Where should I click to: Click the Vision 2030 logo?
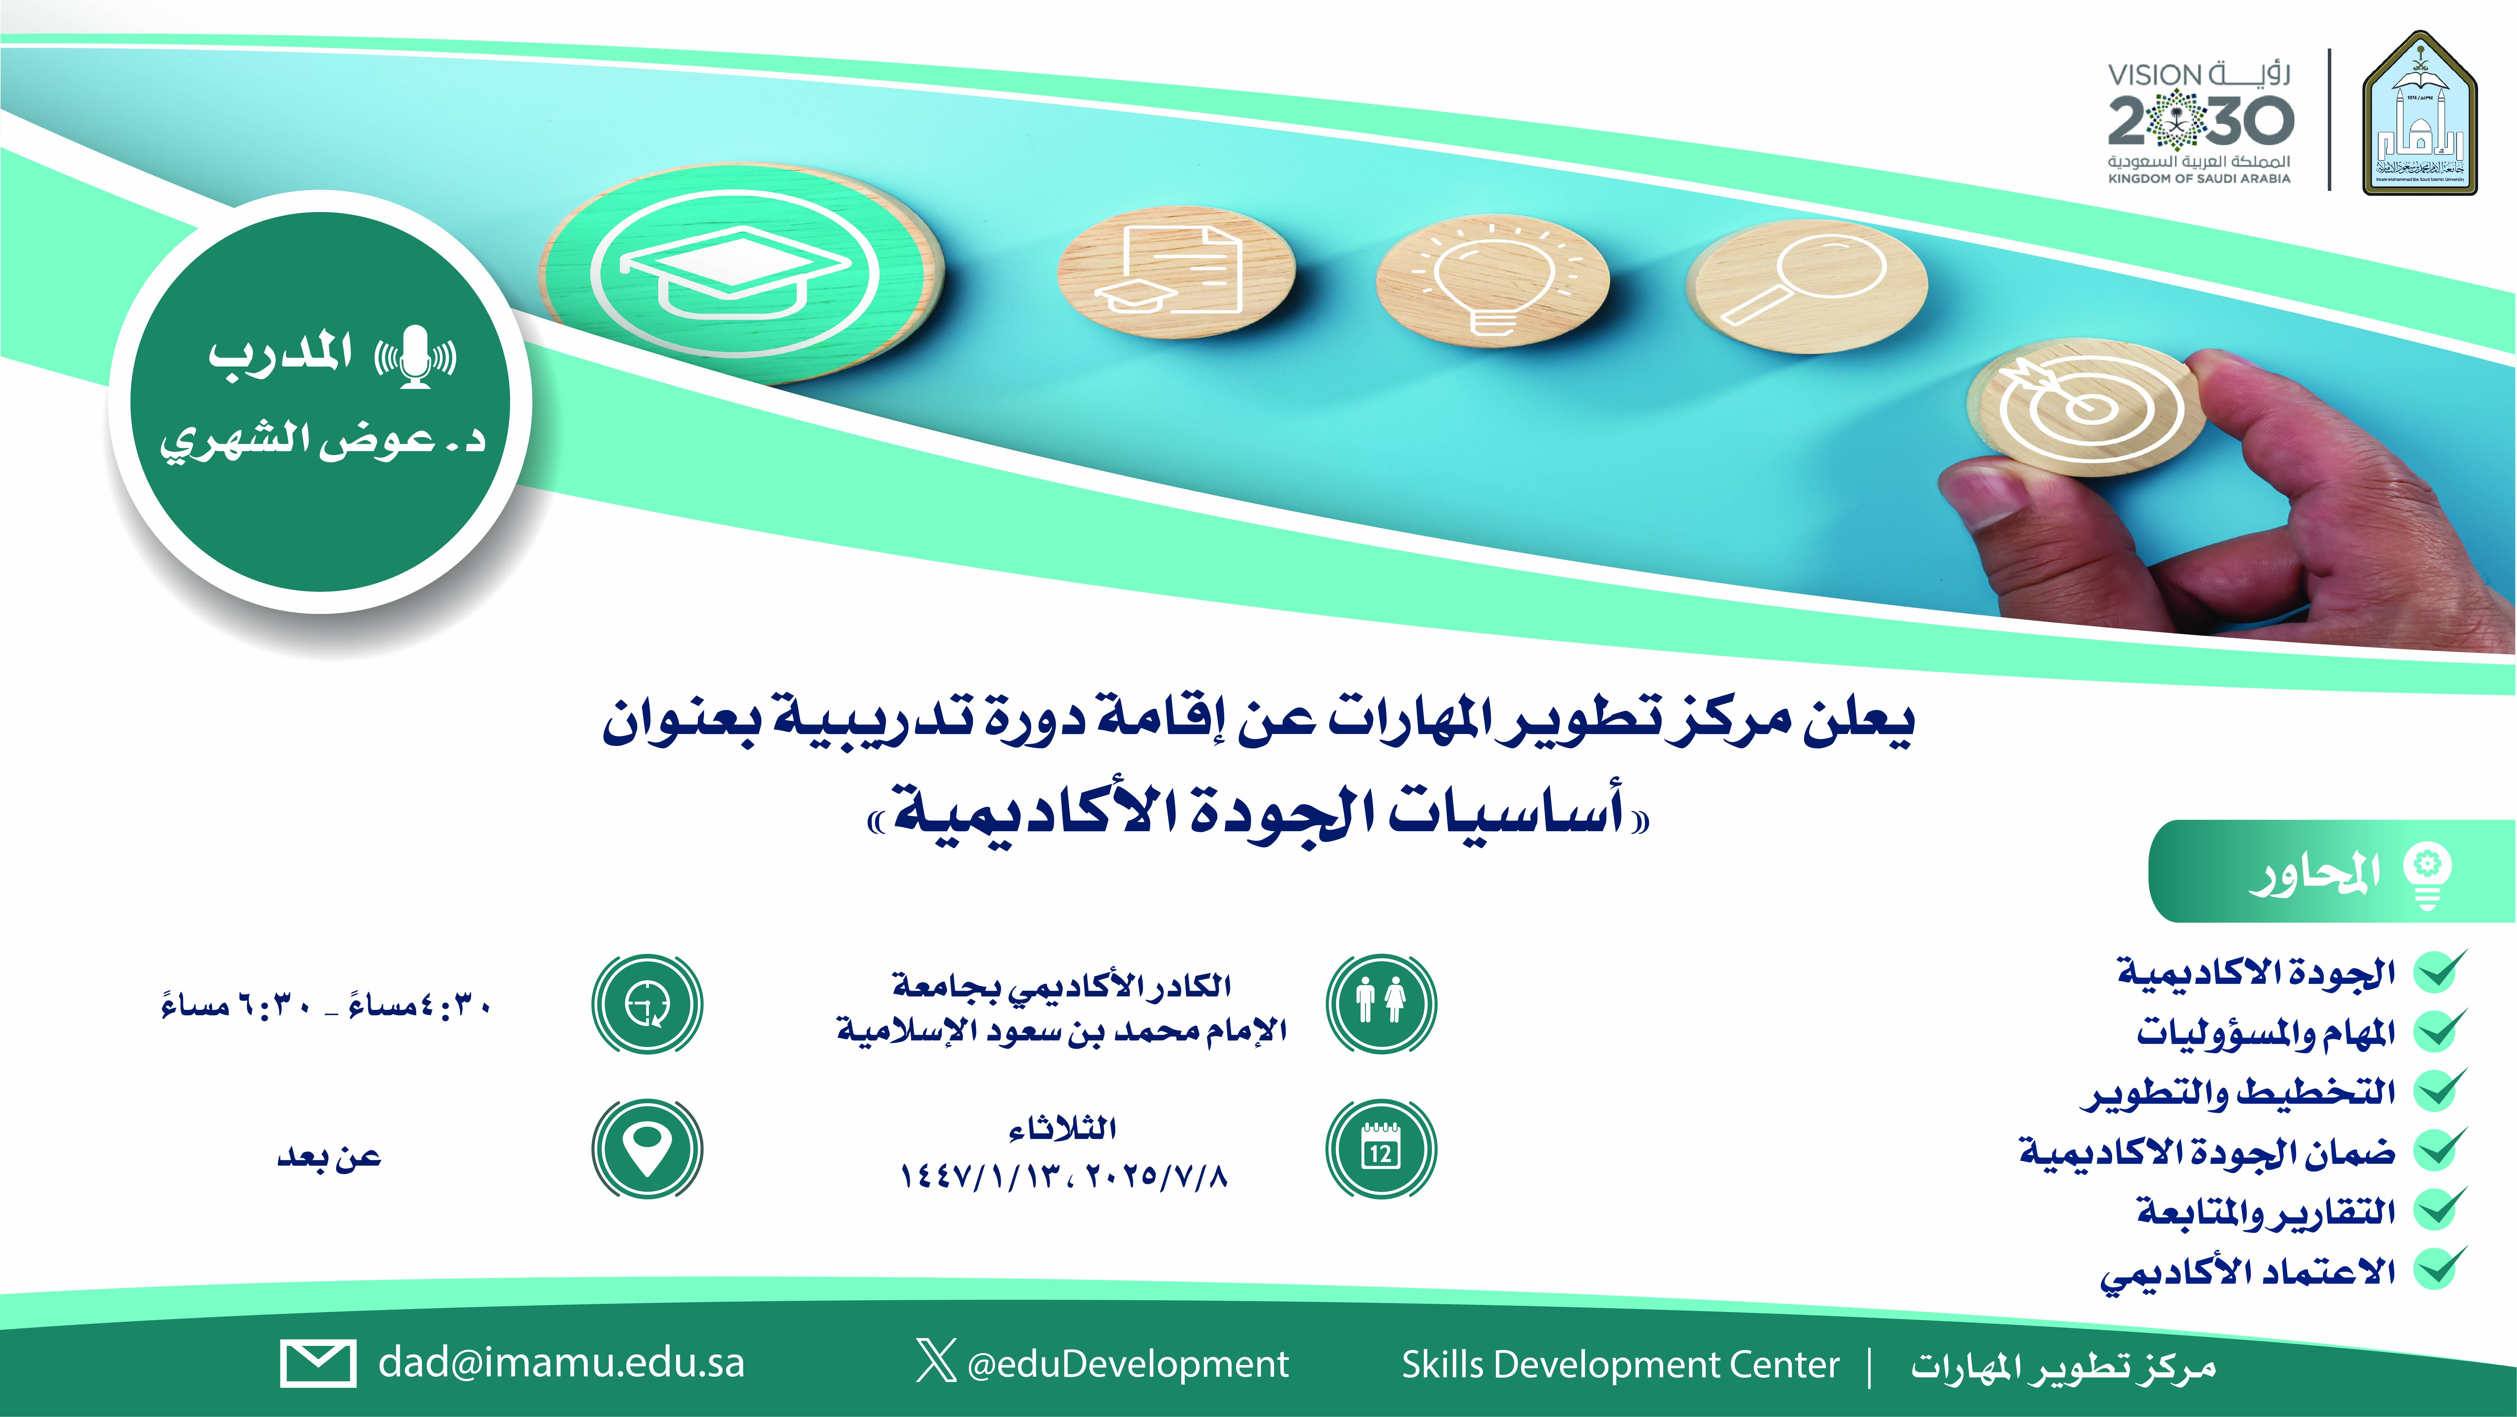coord(2198,122)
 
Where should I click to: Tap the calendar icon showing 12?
coord(1381,1148)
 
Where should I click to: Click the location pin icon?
coord(647,1148)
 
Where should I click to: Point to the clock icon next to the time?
coord(647,1004)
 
